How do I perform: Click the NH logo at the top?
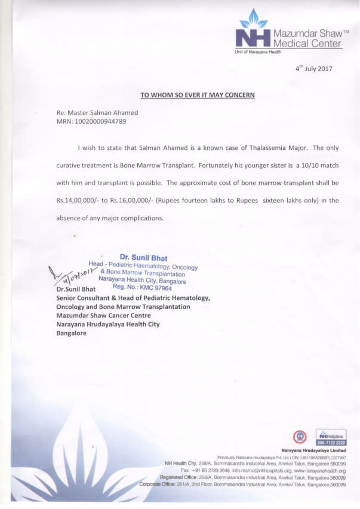(253, 35)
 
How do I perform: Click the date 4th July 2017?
(314, 68)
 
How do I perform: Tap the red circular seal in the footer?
(301, 437)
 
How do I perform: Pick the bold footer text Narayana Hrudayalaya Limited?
(314, 450)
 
